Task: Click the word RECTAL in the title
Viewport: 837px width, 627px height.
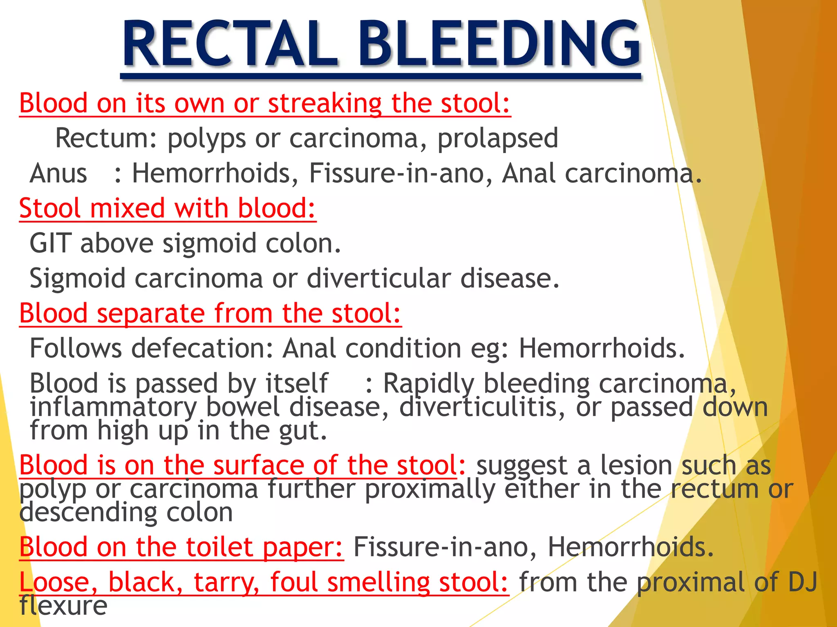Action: [x=231, y=44]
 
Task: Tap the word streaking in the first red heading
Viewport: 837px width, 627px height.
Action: [x=325, y=103]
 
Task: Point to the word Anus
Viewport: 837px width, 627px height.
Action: [x=58, y=173]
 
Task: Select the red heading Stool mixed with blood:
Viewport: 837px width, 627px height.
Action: [x=168, y=208]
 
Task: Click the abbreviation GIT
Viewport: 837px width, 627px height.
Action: [x=50, y=243]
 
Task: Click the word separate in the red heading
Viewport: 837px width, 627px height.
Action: [x=150, y=313]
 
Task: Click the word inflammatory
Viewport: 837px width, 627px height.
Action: [x=113, y=407]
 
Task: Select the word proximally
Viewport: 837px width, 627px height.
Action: [x=430, y=489]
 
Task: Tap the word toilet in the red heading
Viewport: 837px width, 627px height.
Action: [x=219, y=547]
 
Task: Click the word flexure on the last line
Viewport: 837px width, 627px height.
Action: [x=63, y=605]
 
